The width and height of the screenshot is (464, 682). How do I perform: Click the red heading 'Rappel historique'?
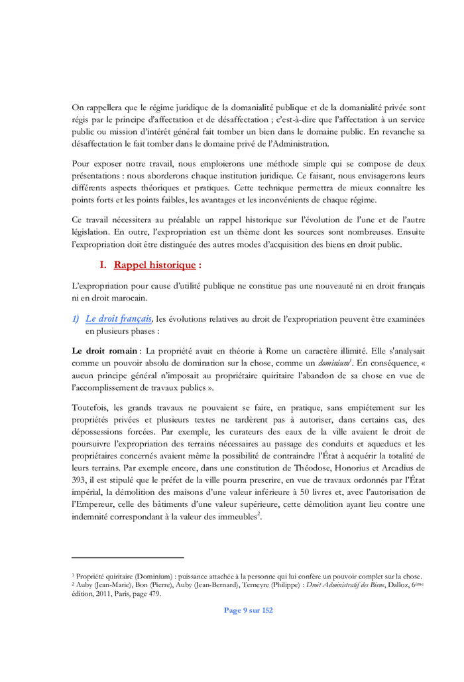tap(154, 265)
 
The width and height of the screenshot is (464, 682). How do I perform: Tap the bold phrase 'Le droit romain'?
tap(105, 350)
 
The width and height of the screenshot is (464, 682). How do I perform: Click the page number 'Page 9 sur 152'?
tap(248, 610)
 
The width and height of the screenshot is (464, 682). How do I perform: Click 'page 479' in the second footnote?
tap(145, 594)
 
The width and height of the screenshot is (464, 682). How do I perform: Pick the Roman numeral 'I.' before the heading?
tap(103, 265)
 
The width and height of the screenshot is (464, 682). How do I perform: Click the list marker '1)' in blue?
tap(76, 319)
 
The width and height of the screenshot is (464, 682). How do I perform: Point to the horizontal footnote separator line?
tap(127, 558)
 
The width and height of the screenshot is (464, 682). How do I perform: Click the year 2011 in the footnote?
tap(104, 594)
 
